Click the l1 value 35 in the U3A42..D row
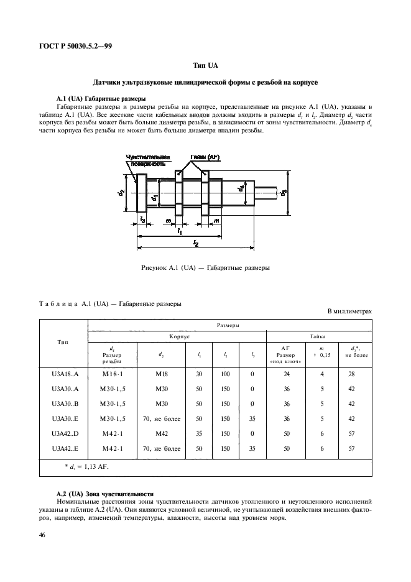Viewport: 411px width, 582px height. (x=200, y=433)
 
